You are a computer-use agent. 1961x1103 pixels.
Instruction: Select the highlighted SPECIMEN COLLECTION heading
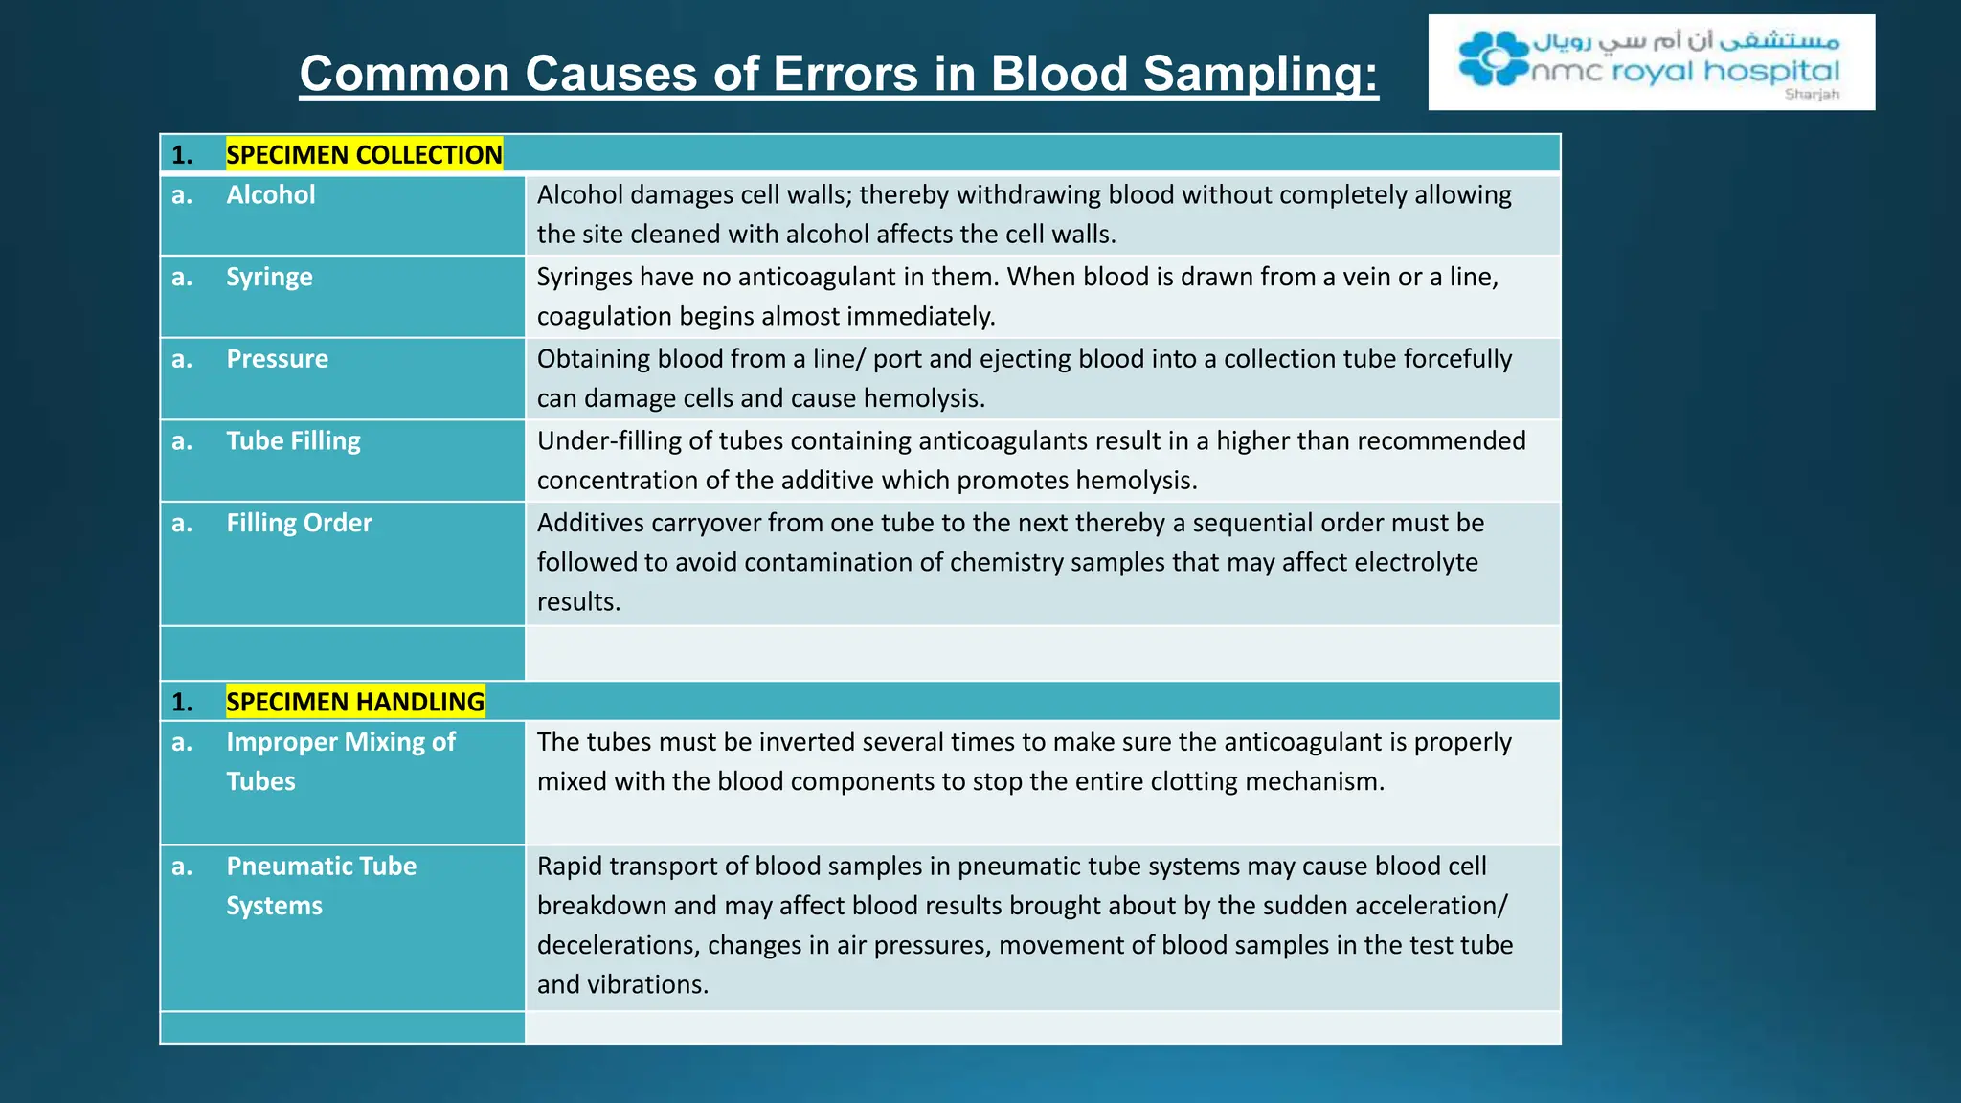pyautogui.click(x=364, y=154)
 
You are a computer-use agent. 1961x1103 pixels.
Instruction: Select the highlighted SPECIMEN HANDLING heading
pyautogui.click(x=355, y=702)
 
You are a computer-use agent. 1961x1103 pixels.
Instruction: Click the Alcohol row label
pyautogui.click(x=270, y=194)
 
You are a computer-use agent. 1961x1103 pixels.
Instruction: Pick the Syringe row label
pyautogui.click(x=269, y=277)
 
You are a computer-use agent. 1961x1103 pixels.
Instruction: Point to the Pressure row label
pyautogui.click(x=277, y=359)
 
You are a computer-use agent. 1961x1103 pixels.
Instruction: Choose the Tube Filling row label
pyautogui.click(x=293, y=440)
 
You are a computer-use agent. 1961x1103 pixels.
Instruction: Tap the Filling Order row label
pyautogui.click(x=299, y=523)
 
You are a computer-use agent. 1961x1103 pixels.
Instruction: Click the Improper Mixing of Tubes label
pyautogui.click(x=340, y=761)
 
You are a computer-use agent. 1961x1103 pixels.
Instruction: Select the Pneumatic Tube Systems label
pyautogui.click(x=321, y=886)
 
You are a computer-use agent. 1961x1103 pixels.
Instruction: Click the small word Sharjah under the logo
pyautogui.click(x=1812, y=94)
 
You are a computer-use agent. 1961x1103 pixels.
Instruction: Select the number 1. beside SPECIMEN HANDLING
pyautogui.click(x=182, y=702)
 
